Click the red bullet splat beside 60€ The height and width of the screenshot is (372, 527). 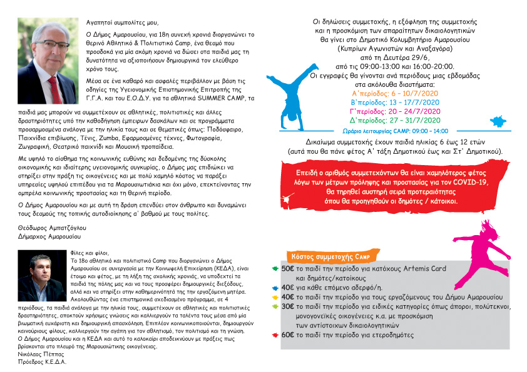tap(275, 336)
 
